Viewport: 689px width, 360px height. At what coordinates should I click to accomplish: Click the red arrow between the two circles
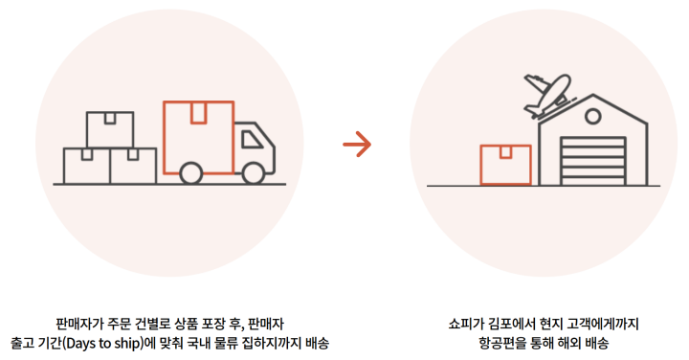pyautogui.click(x=356, y=146)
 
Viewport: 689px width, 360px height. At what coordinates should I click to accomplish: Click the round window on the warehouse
pyautogui.click(x=592, y=118)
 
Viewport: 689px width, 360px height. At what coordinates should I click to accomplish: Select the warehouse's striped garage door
pyautogui.click(x=590, y=160)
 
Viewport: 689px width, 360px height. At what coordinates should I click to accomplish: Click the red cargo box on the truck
pyautogui.click(x=198, y=136)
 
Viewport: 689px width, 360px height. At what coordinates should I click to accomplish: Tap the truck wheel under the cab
pyautogui.click(x=255, y=173)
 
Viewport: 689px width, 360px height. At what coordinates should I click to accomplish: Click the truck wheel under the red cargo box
pyautogui.click(x=190, y=173)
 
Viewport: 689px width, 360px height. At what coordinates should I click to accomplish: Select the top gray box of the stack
pyautogui.click(x=110, y=129)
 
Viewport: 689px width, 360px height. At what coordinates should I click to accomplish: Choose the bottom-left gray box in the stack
pyautogui.click(x=86, y=165)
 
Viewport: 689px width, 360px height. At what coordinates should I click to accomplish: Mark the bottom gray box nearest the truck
pyautogui.click(x=133, y=165)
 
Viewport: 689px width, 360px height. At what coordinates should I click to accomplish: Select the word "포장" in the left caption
pyautogui.click(x=210, y=324)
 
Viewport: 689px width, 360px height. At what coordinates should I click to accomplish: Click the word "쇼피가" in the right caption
pyautogui.click(x=466, y=324)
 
